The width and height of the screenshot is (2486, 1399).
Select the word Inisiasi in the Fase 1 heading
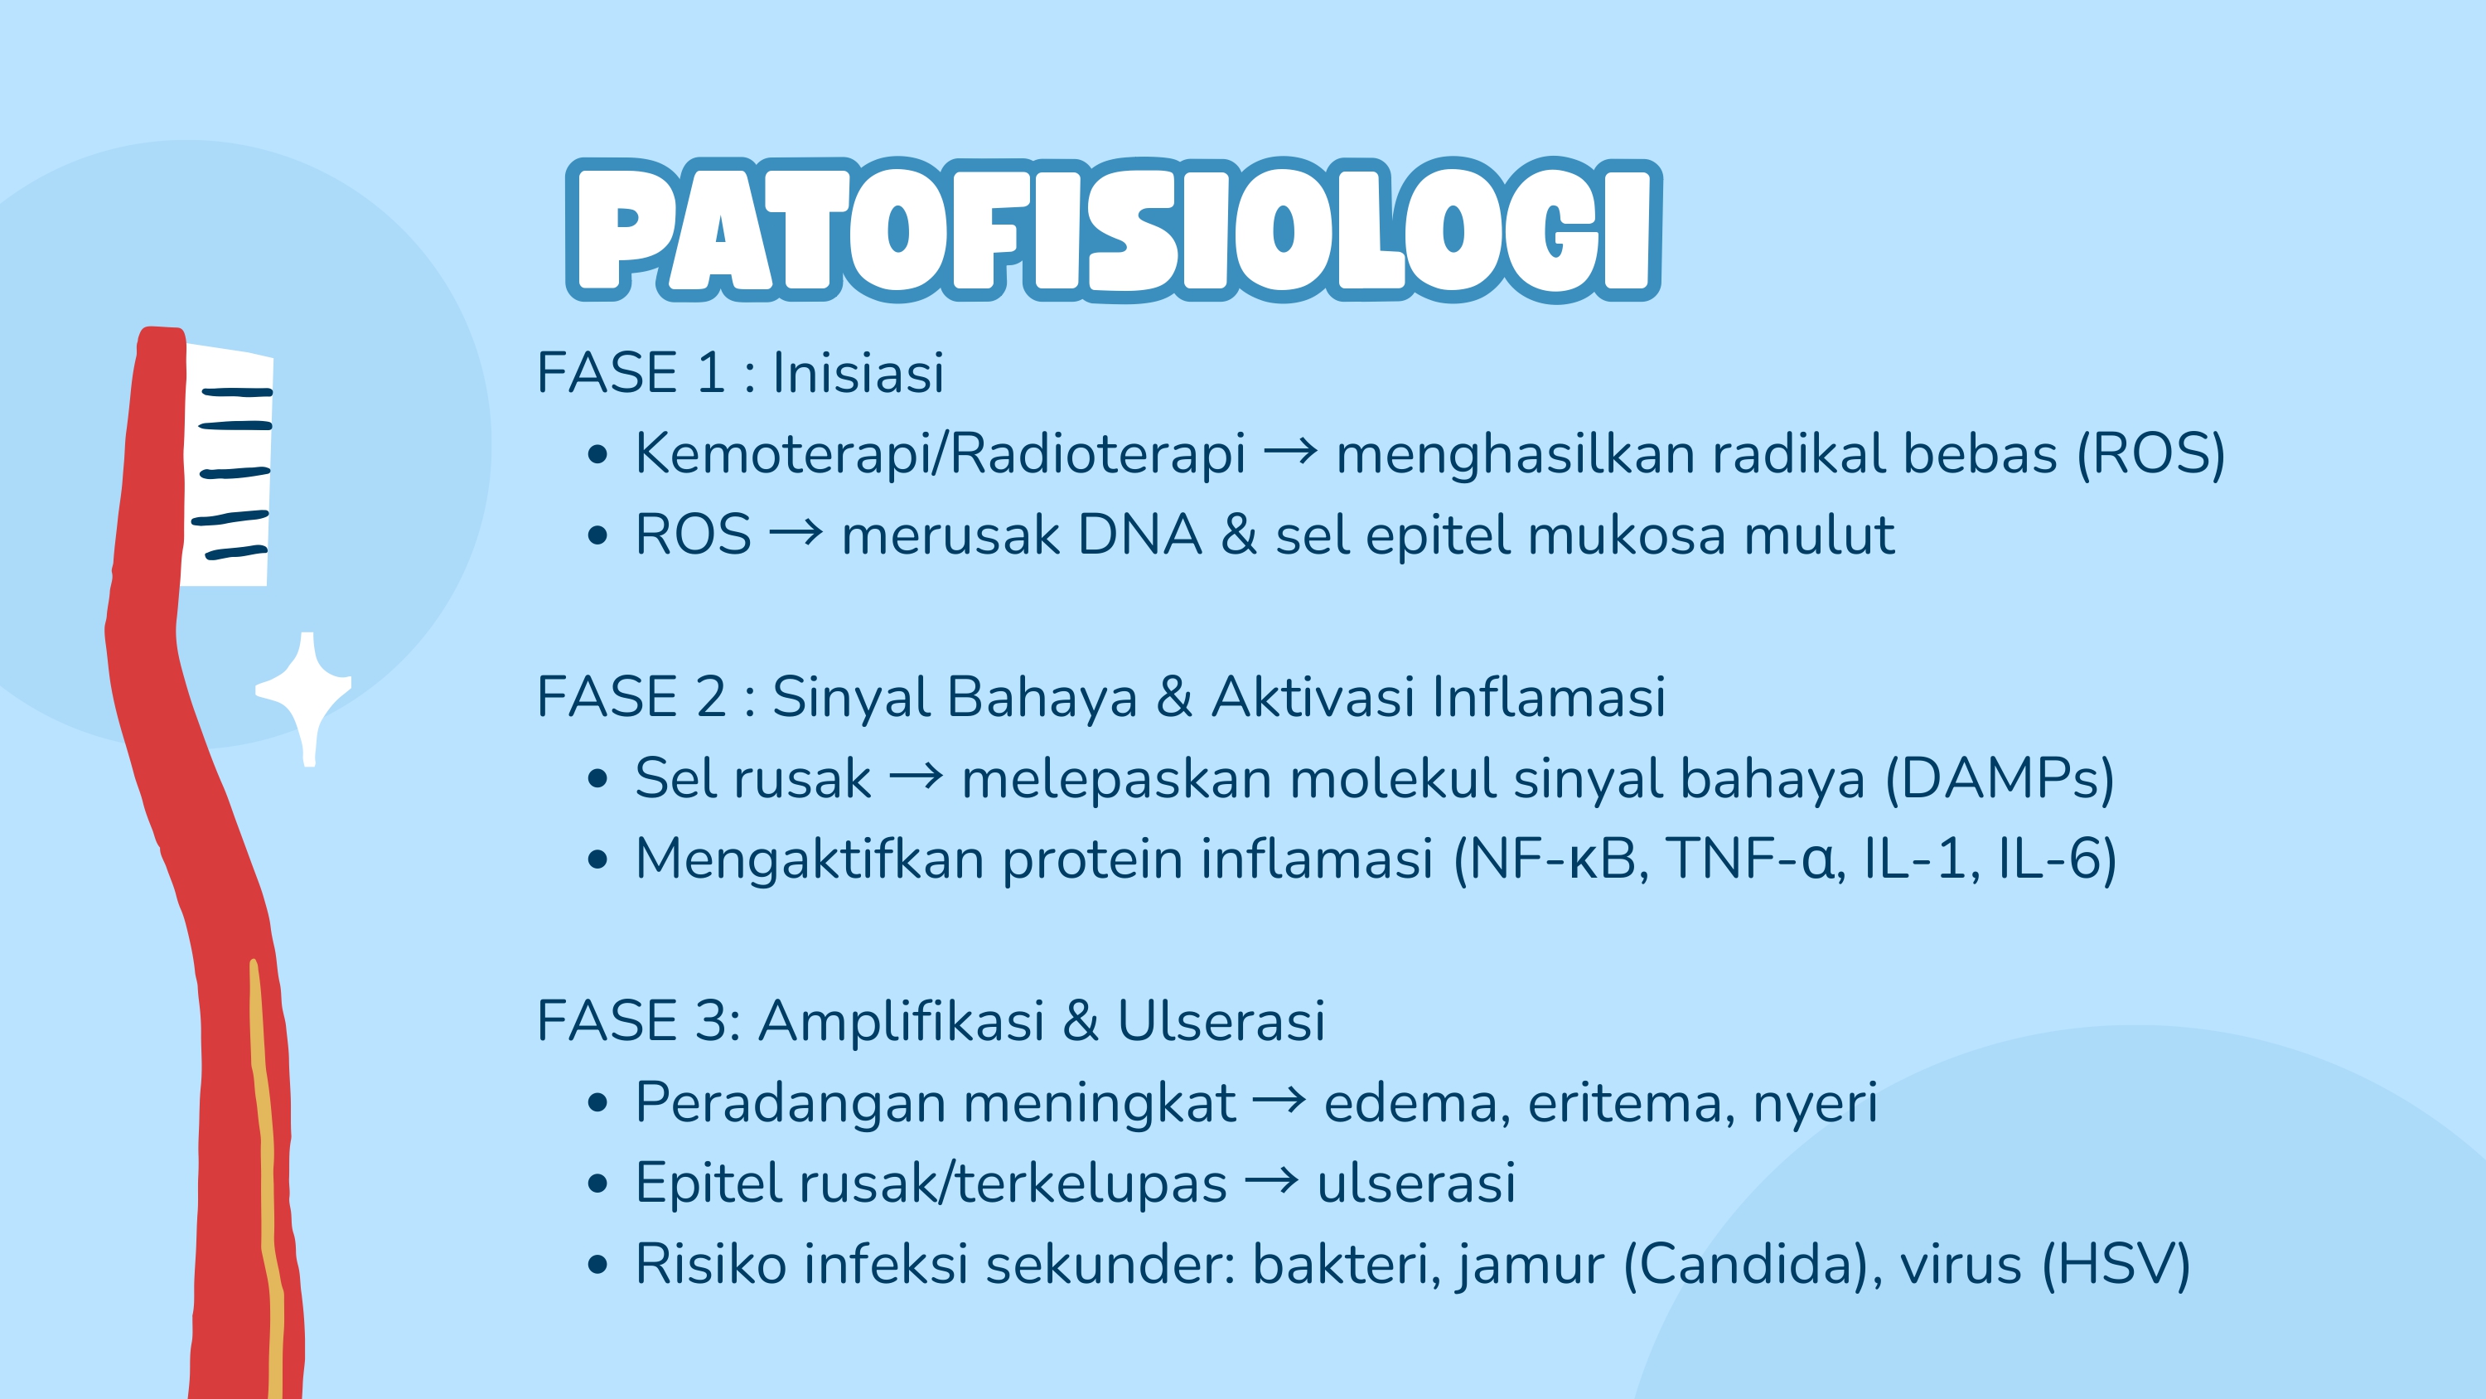click(858, 373)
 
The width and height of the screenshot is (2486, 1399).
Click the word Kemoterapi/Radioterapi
click(940, 454)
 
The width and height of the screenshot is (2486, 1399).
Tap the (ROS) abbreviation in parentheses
click(2151, 454)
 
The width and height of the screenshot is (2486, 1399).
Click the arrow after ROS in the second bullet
click(796, 532)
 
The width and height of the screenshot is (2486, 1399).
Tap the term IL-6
click(2057, 859)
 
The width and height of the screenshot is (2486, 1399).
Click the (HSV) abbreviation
click(2116, 1264)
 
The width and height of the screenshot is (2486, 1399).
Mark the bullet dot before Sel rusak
click(598, 778)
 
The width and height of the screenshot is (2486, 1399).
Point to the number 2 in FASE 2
click(710, 697)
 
